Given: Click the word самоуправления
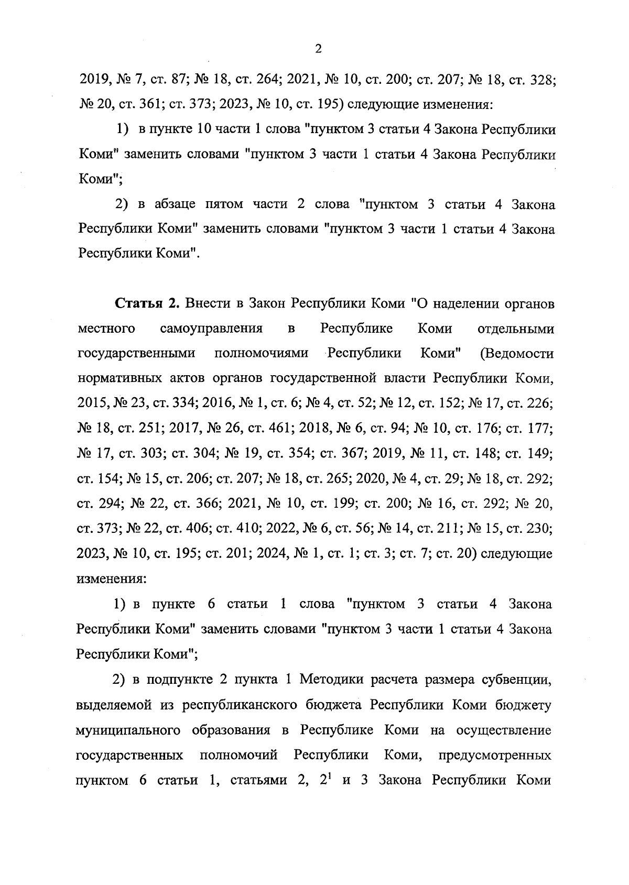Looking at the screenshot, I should click(211, 329).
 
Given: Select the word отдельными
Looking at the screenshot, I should click(516, 329).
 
